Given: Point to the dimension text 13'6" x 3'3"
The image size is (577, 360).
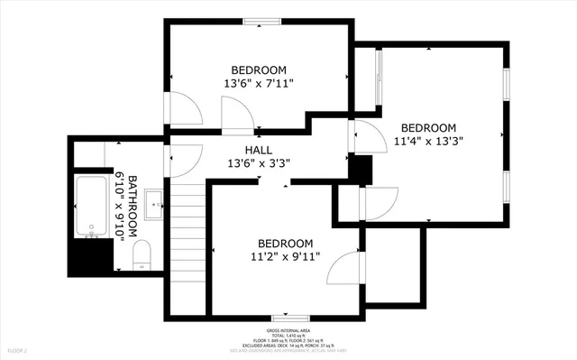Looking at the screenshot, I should coord(258,163).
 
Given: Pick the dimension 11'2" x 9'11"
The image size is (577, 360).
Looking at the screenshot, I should coord(285,256).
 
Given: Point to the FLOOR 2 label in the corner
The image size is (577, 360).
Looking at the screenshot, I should coord(18,349).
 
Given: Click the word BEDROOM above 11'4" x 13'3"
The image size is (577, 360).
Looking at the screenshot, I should coord(428,128).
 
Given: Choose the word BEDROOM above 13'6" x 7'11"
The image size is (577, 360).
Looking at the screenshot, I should coord(259,70).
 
